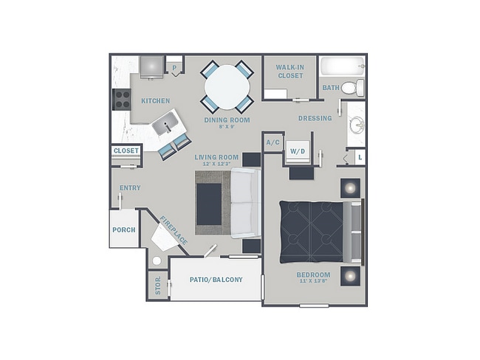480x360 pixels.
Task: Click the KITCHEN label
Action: click(x=156, y=100)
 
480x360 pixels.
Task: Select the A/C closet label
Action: click(x=272, y=142)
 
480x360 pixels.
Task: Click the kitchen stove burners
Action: click(x=120, y=100)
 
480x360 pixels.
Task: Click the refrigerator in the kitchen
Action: click(x=151, y=68)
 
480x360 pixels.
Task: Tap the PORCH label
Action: click(x=123, y=230)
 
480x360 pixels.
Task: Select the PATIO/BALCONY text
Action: click(x=216, y=280)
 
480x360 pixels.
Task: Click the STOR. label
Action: click(x=157, y=285)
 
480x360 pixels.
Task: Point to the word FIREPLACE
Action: click(x=174, y=231)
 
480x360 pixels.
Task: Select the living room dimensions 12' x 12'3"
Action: click(x=216, y=164)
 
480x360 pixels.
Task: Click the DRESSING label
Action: click(x=315, y=118)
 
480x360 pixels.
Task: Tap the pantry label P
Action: click(x=174, y=68)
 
